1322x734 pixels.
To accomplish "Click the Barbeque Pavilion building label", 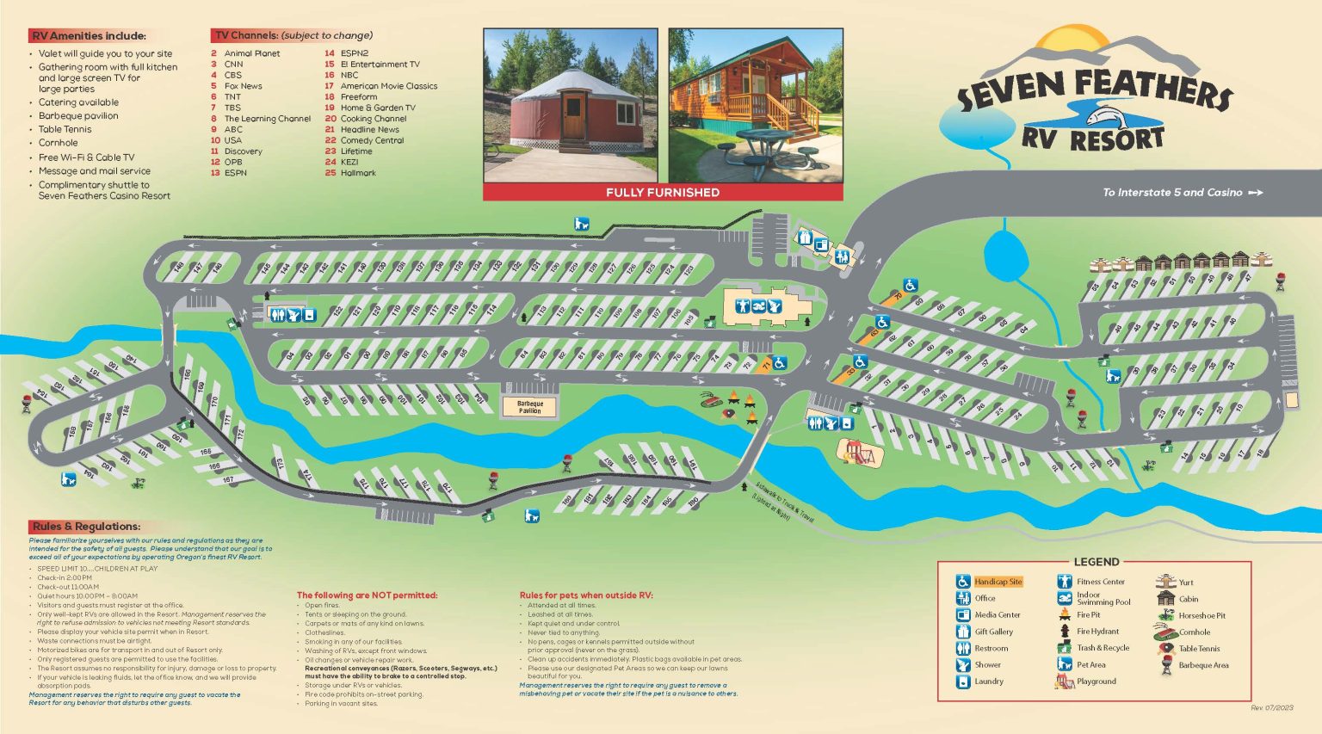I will (x=530, y=406).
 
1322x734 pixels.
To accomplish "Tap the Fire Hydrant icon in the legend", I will (x=1065, y=632).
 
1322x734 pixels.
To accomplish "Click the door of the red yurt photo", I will (x=573, y=116).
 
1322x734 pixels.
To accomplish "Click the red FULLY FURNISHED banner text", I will (x=662, y=193).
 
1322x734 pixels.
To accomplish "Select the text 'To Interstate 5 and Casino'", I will (x=1172, y=193).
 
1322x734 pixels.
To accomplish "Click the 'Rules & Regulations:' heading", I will (x=86, y=526).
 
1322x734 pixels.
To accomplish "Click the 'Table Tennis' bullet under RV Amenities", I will (x=65, y=129).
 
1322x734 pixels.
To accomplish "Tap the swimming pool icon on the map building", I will (x=759, y=306).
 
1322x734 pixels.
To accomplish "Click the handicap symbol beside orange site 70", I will (x=910, y=285).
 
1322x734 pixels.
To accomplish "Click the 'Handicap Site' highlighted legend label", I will (x=998, y=582).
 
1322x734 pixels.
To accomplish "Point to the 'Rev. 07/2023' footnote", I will (x=1271, y=707).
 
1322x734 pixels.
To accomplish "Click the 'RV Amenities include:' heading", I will (x=89, y=35).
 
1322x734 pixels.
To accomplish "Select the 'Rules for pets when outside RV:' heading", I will (x=586, y=595).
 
